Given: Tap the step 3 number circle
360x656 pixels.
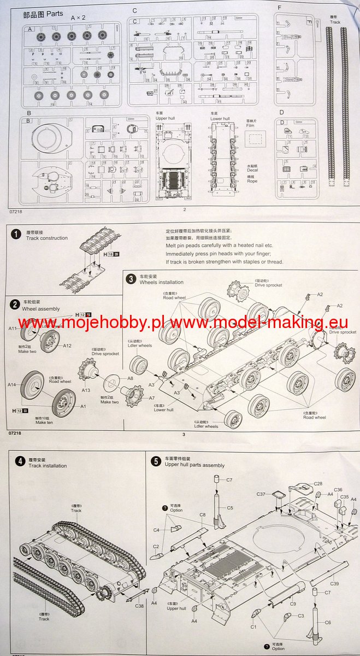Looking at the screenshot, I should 131,278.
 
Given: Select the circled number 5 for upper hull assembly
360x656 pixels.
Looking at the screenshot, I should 156,461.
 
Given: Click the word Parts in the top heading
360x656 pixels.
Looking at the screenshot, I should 54,14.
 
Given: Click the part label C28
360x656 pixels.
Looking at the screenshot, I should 318,484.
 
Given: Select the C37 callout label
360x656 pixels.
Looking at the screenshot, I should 261,494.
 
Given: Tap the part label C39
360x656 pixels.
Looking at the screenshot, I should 334,584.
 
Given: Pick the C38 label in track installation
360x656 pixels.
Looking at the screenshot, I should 139,606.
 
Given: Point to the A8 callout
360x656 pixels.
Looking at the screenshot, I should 130,378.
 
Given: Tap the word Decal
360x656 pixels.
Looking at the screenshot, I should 252,171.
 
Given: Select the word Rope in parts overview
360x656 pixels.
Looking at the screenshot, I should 252,181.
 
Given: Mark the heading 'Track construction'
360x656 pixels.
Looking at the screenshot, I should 47,238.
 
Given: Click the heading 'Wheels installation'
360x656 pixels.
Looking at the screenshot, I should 162,282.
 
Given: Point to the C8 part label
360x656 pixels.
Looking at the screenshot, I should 202,514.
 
